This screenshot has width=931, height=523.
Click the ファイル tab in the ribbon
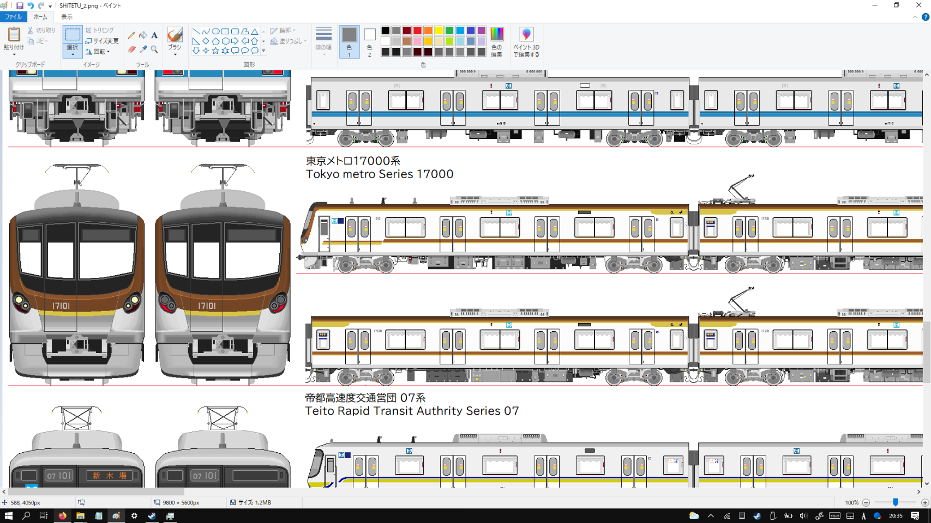tap(13, 17)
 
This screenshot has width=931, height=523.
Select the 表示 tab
tap(67, 17)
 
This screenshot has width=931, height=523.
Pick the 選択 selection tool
tap(73, 39)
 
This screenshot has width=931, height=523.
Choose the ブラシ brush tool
tap(175, 39)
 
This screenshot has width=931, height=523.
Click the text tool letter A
tap(154, 35)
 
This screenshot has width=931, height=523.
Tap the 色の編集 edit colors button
tap(496, 41)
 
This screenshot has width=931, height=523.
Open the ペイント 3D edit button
tap(526, 41)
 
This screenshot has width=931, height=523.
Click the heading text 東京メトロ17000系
tap(353, 161)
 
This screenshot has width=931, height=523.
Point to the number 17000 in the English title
tap(435, 174)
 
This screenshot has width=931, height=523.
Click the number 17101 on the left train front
tap(61, 306)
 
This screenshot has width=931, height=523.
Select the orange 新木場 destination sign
tap(110, 476)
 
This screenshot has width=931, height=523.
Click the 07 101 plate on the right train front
tap(205, 476)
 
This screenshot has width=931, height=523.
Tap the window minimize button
tap(874, 5)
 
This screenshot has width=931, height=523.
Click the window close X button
tap(918, 5)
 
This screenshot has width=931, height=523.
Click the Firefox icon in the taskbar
tap(62, 515)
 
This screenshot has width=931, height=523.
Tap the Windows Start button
tap(8, 515)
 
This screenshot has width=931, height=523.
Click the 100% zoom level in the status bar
tap(851, 502)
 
